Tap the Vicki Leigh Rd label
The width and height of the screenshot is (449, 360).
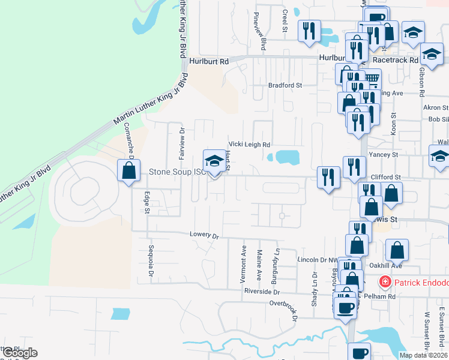coord(249,145)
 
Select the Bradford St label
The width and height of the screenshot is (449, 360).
coord(285,85)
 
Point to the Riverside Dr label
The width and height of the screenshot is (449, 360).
coord(262,292)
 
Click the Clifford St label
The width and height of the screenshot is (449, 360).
coord(385,178)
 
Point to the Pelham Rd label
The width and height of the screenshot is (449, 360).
coord(382,296)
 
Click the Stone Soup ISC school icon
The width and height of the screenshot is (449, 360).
coord(213,161)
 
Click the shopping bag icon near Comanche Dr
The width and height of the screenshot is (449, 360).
coord(128,170)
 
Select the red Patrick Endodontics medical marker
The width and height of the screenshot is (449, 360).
coord(384,281)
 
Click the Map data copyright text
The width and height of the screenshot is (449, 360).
coord(423,355)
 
